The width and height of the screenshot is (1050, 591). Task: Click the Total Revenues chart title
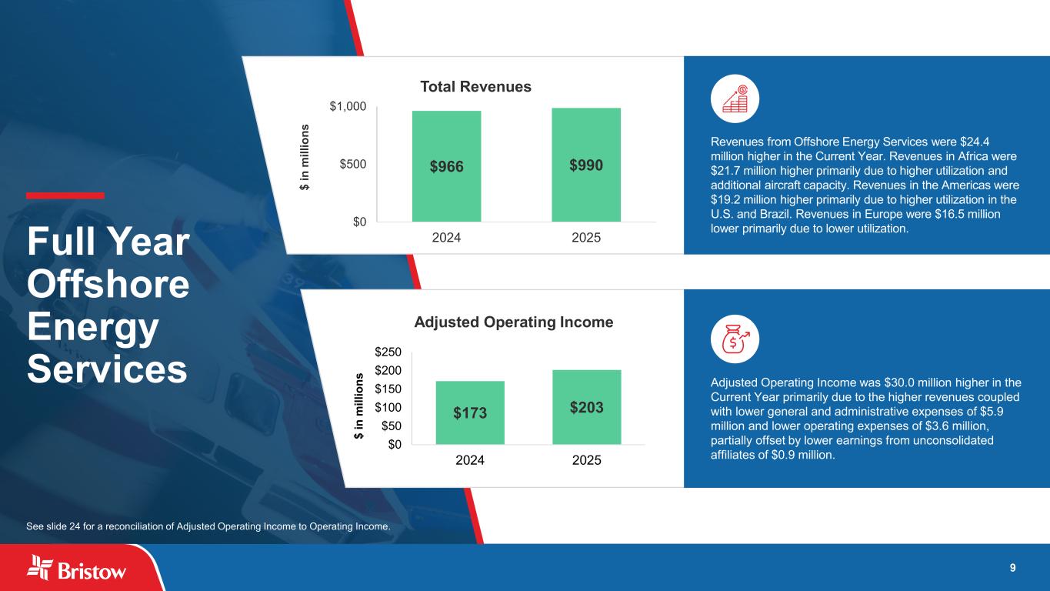(x=475, y=86)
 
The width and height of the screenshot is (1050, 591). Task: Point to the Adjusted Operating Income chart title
(x=514, y=322)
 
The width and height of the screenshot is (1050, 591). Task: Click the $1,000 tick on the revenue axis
(x=348, y=106)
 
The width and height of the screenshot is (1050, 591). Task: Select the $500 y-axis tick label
(x=354, y=164)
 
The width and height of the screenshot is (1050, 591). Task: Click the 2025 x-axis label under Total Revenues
(x=586, y=238)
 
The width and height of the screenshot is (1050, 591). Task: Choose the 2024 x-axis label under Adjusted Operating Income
(x=470, y=460)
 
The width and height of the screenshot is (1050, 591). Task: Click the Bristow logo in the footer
(x=77, y=569)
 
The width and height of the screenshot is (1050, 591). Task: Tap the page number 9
(x=1012, y=568)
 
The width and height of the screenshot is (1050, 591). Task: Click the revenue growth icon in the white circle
(x=735, y=100)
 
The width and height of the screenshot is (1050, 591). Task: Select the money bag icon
(x=735, y=339)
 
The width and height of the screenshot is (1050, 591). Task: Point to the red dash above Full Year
(x=65, y=195)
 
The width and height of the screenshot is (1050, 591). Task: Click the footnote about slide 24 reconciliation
(x=208, y=526)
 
